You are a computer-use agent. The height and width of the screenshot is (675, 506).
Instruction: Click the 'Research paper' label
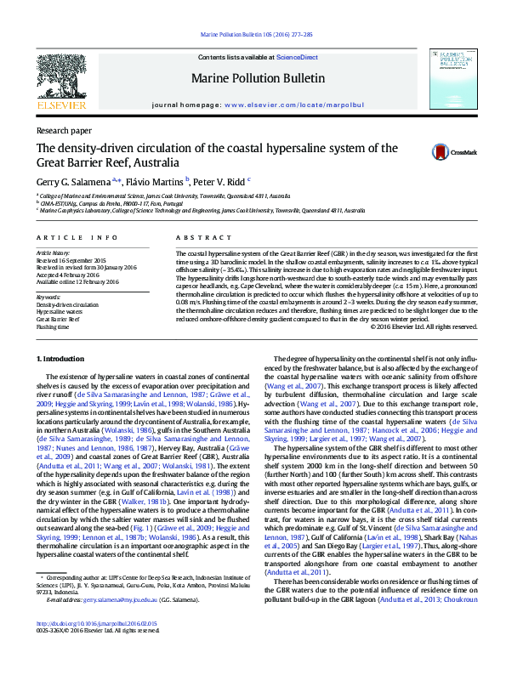pos(64,130)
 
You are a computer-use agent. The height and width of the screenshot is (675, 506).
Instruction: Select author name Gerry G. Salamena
pos(72,182)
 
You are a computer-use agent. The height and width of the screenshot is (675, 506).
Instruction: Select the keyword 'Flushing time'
pos(53,326)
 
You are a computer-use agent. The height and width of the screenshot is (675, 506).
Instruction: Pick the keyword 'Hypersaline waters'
pos(60,312)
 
